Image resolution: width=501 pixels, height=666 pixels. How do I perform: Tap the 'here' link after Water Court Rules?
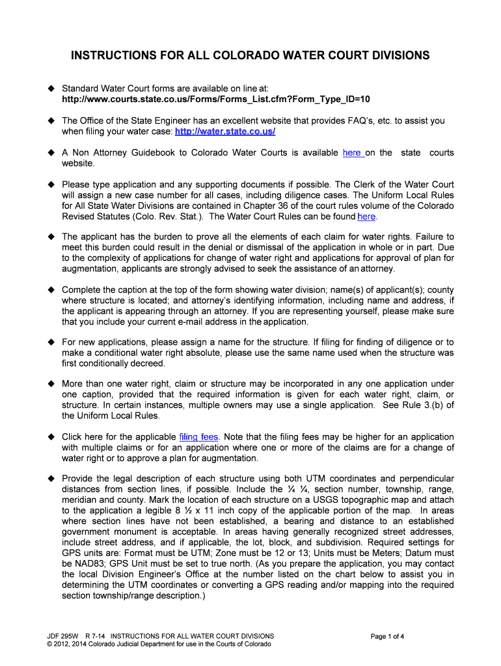click(x=366, y=217)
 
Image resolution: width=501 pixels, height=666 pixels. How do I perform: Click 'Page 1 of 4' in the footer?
click(x=388, y=636)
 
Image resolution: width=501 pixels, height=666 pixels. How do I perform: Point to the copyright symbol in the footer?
click(x=41, y=645)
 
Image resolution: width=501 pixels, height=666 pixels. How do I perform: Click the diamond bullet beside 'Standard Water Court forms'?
click(x=49, y=88)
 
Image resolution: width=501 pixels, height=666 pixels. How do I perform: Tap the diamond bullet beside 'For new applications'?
click(x=49, y=342)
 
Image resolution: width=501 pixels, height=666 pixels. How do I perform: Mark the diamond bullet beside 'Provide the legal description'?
click(x=49, y=479)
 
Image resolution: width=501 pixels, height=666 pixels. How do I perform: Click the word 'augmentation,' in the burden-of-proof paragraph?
click(x=90, y=269)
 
